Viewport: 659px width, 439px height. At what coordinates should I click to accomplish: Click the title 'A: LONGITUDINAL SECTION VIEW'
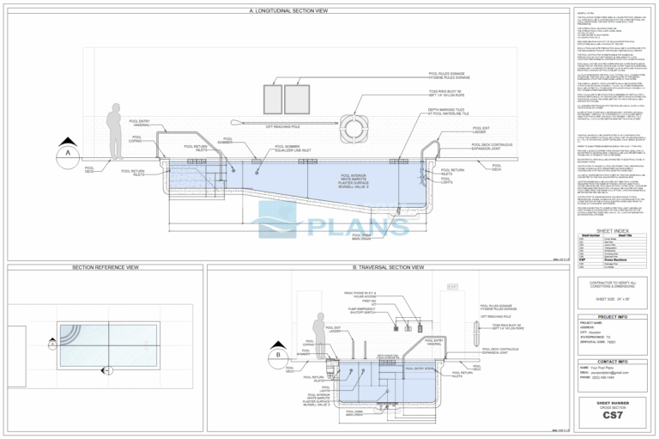point(287,11)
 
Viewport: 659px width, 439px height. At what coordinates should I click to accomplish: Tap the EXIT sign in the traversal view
point(454,286)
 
